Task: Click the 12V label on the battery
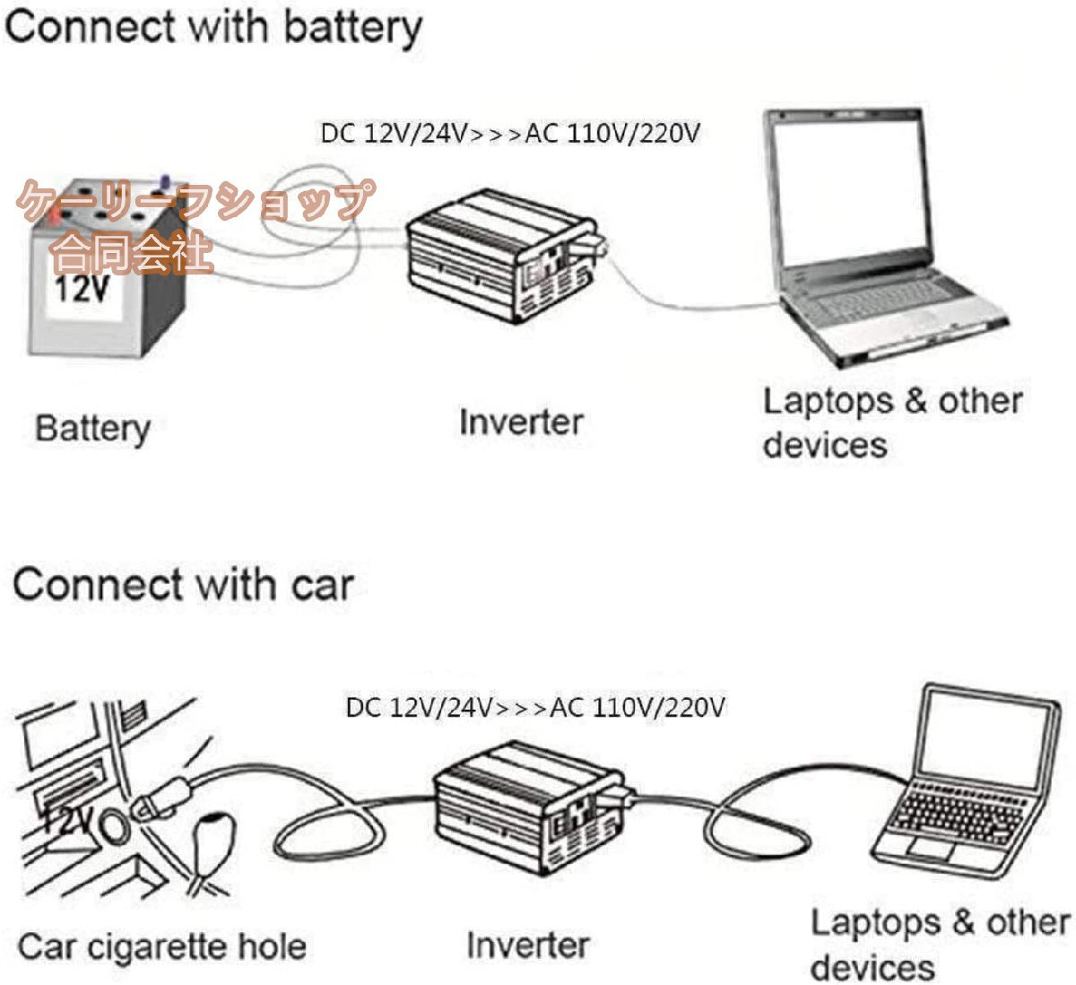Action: tap(82, 290)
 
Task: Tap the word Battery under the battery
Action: tap(91, 429)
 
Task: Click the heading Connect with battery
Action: tap(213, 27)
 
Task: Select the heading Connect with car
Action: tap(183, 585)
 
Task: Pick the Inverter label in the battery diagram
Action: tap(520, 422)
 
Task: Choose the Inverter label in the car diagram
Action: tap(527, 945)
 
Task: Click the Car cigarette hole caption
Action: tap(161, 946)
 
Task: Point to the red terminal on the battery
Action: tap(56, 215)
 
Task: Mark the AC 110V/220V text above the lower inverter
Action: tap(637, 707)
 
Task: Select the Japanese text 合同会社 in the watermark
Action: tap(132, 254)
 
